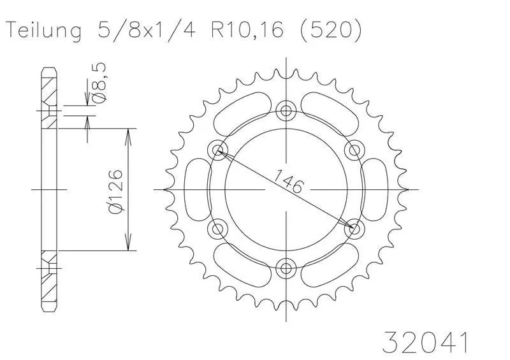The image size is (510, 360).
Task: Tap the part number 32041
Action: coord(425,342)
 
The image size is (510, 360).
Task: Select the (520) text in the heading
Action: coord(330,31)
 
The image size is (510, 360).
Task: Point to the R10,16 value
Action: coord(247,30)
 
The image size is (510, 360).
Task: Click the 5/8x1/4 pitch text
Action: coord(146,30)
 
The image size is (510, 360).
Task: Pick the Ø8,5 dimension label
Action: coord(99,83)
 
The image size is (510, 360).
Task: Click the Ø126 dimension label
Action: coord(116,192)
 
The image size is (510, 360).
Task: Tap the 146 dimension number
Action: coord(288,181)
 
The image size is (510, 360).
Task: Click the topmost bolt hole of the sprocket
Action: coord(286,111)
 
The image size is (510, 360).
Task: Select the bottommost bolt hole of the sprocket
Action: coord(286,268)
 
